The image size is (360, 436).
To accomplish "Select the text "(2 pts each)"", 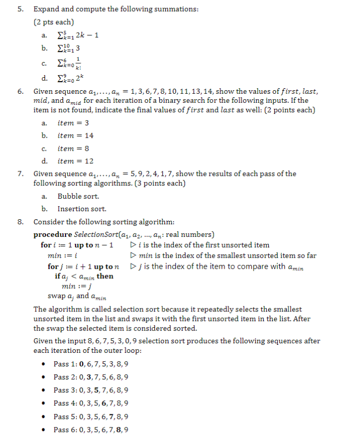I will pyautogui.click(x=53, y=22).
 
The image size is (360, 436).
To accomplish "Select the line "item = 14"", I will pyautogui.click(x=75, y=136).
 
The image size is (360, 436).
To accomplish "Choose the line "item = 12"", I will pyautogui.click(x=75, y=161).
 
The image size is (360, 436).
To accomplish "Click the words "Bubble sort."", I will pyautogui.click(x=78, y=197).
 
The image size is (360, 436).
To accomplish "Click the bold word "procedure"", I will pyautogui.click(x=52, y=235).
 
